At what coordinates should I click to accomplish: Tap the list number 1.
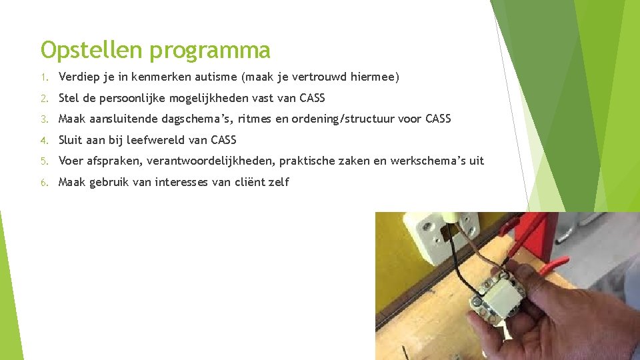pos(43,77)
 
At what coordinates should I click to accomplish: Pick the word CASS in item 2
pos(312,98)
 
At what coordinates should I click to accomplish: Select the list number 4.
pos(43,141)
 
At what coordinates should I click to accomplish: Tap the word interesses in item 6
pos(181,182)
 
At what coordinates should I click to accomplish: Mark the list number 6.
pos(43,182)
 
